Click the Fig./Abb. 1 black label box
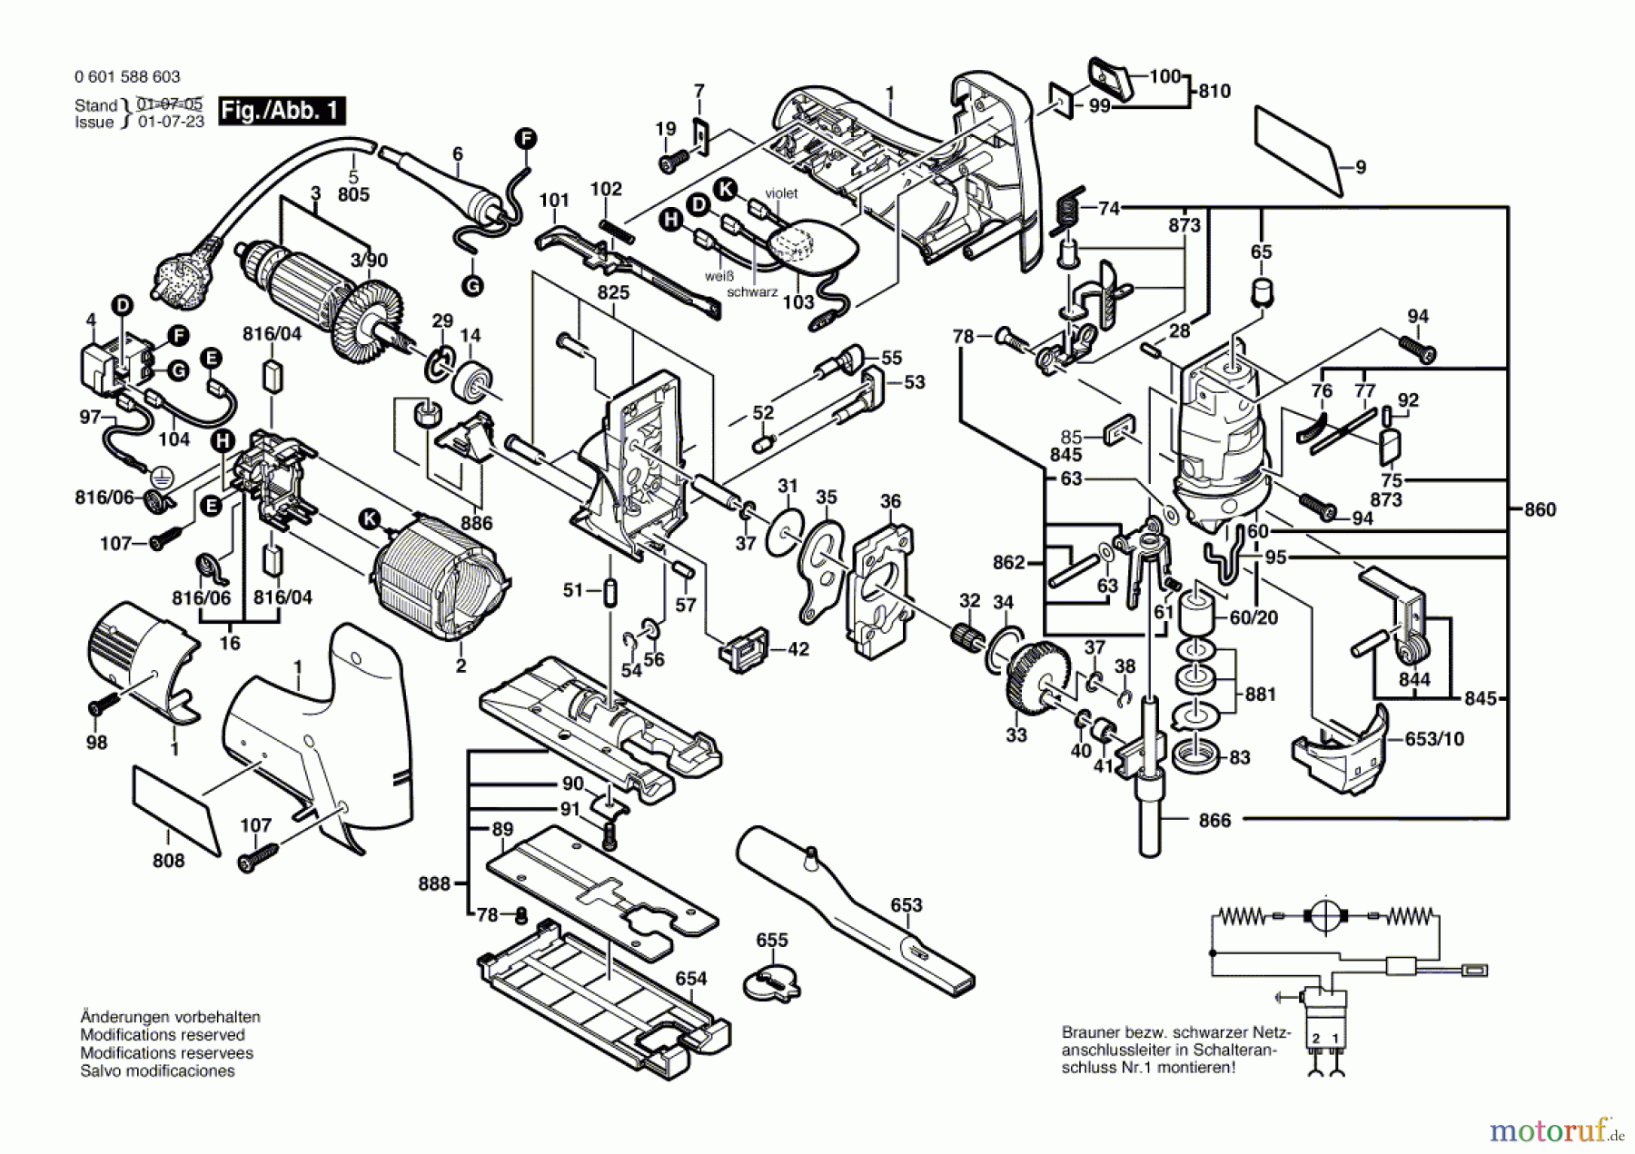(282, 111)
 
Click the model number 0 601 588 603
(127, 77)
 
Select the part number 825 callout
(614, 292)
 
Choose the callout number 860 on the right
(1540, 509)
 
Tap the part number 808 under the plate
(168, 860)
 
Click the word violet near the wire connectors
(781, 192)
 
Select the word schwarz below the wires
(752, 292)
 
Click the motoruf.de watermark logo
(1555, 1131)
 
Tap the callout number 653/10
(1434, 739)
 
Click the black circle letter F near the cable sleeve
(526, 139)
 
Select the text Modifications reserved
(162, 1035)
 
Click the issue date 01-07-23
(171, 122)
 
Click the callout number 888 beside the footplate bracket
(434, 883)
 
